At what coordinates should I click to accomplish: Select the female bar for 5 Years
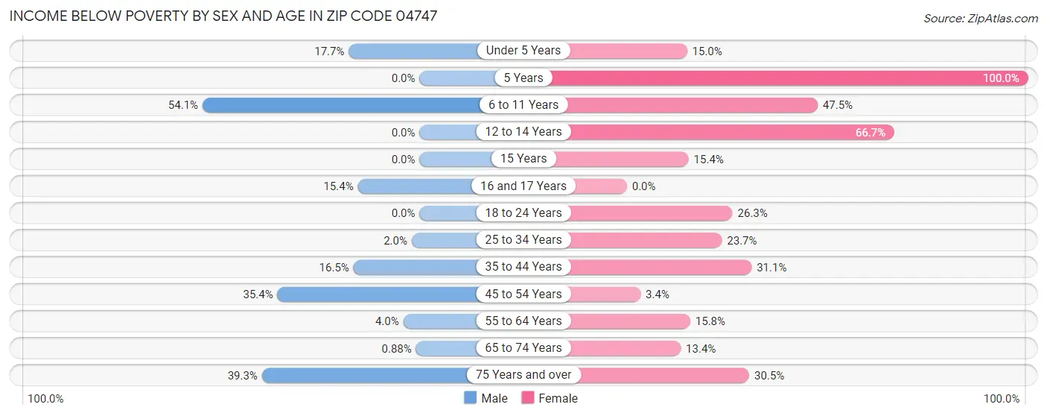coord(789,78)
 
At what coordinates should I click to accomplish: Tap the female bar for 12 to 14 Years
coord(730,132)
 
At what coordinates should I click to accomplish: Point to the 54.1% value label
coord(183,105)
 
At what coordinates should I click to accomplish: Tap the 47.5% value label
coord(837,105)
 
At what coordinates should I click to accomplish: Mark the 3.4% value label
coord(657,294)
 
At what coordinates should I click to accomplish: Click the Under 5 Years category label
coord(523,51)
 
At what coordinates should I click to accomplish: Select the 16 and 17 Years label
coord(523,186)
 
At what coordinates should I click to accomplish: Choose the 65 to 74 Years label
coord(523,348)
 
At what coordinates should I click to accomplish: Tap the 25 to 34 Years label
coord(523,240)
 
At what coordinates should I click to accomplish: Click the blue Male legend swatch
coord(470,398)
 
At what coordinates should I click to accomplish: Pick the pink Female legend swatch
coord(528,398)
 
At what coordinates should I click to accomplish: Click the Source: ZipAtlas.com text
coord(980,18)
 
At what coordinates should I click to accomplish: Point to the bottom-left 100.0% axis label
coord(45,399)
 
